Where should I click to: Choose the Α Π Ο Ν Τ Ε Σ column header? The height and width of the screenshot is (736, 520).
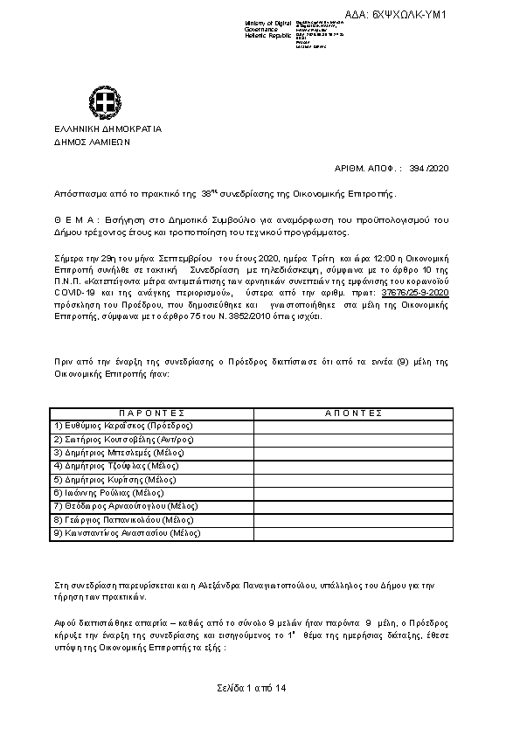tap(354, 413)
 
